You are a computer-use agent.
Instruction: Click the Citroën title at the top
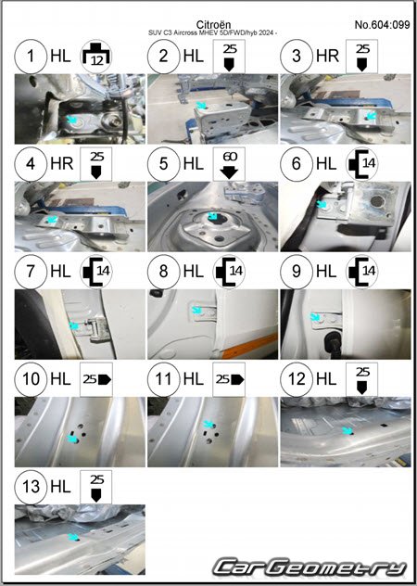(x=213, y=25)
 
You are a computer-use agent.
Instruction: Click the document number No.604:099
(x=382, y=25)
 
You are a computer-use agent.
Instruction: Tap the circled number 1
(x=31, y=57)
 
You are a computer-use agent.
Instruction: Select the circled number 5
(x=164, y=164)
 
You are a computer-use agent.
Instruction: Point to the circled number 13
(x=31, y=487)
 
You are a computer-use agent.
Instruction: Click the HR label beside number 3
(x=327, y=56)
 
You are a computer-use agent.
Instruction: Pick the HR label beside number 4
(x=62, y=164)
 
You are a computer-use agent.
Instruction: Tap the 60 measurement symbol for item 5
(x=229, y=164)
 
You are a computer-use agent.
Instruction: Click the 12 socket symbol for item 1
(x=96, y=57)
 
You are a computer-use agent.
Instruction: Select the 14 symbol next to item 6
(x=361, y=164)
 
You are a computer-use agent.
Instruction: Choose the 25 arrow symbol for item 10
(x=96, y=379)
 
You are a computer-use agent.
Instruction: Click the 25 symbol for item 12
(x=361, y=379)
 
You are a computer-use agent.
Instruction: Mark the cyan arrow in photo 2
(x=202, y=106)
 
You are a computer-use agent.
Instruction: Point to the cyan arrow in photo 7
(x=74, y=325)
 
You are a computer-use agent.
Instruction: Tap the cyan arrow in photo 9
(x=316, y=317)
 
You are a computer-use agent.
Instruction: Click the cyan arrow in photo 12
(x=348, y=431)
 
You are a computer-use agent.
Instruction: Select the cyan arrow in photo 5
(x=212, y=216)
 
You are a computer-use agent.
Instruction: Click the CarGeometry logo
(x=310, y=567)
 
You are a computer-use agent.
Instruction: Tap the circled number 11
(x=164, y=379)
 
